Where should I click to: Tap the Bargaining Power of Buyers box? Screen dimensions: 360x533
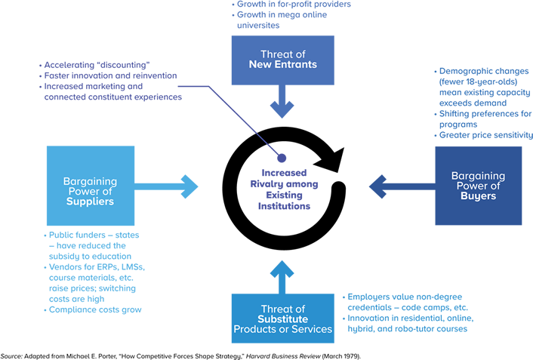point(478,186)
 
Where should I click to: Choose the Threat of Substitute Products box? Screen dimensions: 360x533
point(282,318)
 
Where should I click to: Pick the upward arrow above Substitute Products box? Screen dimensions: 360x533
point(282,276)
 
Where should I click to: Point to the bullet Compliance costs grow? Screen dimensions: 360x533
point(94,309)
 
